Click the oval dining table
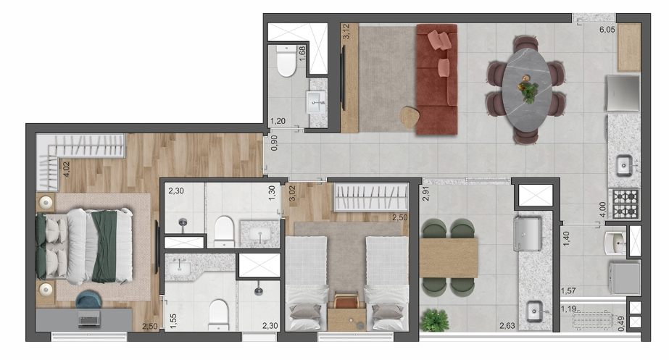tap(527, 89)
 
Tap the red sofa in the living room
tap(436, 79)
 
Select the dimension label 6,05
tap(607, 30)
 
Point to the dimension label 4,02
tap(66, 169)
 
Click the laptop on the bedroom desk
tap(89, 318)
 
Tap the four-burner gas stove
tap(625, 204)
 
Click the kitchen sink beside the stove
tap(625, 164)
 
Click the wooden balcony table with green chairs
tap(449, 258)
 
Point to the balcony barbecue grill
tap(528, 234)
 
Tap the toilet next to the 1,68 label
tap(286, 62)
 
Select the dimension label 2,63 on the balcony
tap(507, 326)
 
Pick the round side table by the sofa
tap(410, 117)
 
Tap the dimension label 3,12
tap(346, 32)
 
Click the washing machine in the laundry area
tap(625, 278)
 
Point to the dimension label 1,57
tap(568, 291)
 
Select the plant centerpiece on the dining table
tap(528, 91)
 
